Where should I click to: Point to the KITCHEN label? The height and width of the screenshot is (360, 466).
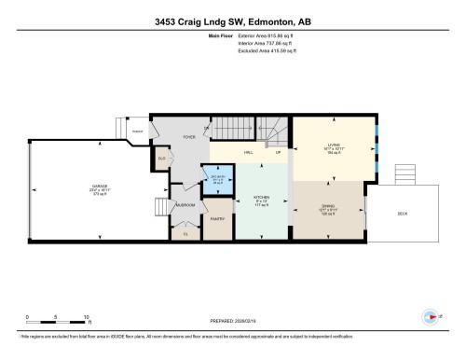[262, 198]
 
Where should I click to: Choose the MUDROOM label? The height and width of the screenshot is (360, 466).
[185, 204]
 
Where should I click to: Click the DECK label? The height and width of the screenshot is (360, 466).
[402, 214]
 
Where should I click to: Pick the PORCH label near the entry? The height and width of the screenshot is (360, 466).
[138, 131]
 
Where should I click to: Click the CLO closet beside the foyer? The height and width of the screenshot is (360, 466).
[161, 159]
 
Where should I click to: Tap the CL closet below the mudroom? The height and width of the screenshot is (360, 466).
[185, 233]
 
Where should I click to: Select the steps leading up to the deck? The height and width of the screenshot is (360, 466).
[405, 175]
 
